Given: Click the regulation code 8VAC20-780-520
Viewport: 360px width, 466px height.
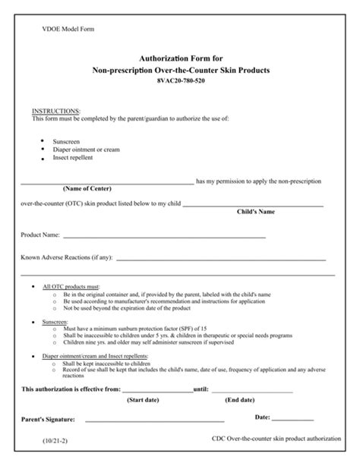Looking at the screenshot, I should click(x=180, y=80).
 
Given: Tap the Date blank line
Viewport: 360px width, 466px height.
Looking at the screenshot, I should click(x=292, y=419).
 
